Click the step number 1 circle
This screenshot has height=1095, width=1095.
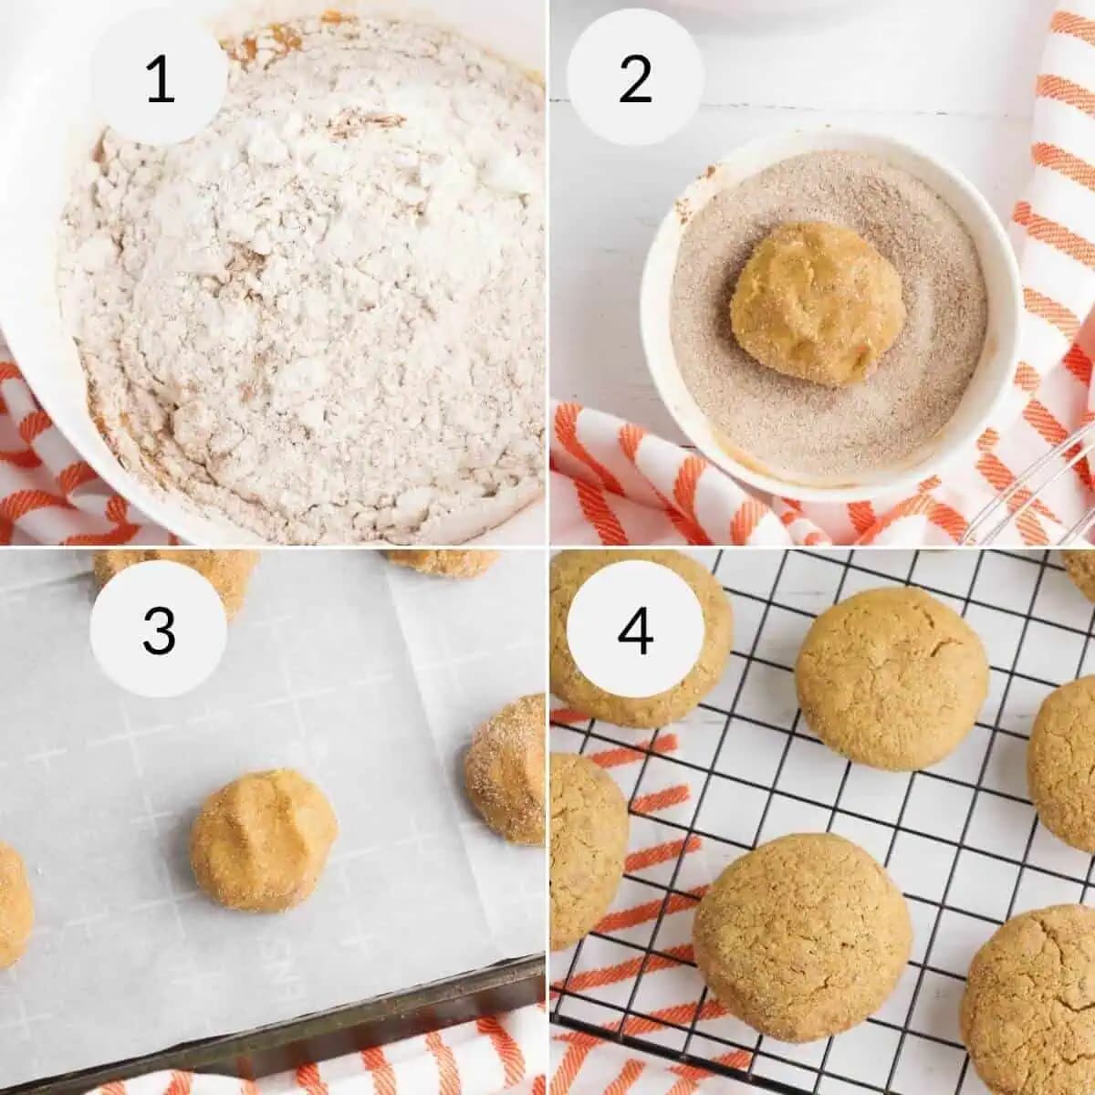tap(159, 78)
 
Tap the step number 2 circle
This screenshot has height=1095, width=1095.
tap(635, 78)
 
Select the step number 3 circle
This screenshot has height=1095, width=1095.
tap(159, 630)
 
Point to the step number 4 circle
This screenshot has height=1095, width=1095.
tap(635, 630)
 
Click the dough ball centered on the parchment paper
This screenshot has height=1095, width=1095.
tap(264, 839)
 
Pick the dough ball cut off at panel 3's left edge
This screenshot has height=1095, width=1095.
tap(13, 903)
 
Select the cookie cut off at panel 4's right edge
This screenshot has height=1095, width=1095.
tap(1063, 762)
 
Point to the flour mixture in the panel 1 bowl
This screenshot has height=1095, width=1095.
tap(301, 301)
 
